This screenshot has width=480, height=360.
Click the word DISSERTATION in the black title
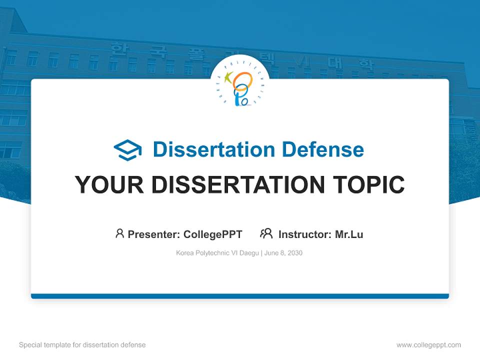pyautogui.click(x=236, y=185)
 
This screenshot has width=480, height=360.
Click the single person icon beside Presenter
pyautogui.click(x=119, y=233)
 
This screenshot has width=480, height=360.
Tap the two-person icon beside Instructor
pyautogui.click(x=266, y=233)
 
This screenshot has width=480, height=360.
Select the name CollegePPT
pyautogui.click(x=213, y=234)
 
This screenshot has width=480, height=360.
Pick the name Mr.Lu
pyautogui.click(x=349, y=234)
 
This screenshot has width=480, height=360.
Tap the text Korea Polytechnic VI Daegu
pyautogui.click(x=217, y=253)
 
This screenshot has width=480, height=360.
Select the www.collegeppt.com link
pyautogui.click(x=428, y=345)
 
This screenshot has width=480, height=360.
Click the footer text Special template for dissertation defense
pyautogui.click(x=82, y=345)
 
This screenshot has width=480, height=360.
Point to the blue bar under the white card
pyautogui.click(x=240, y=296)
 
